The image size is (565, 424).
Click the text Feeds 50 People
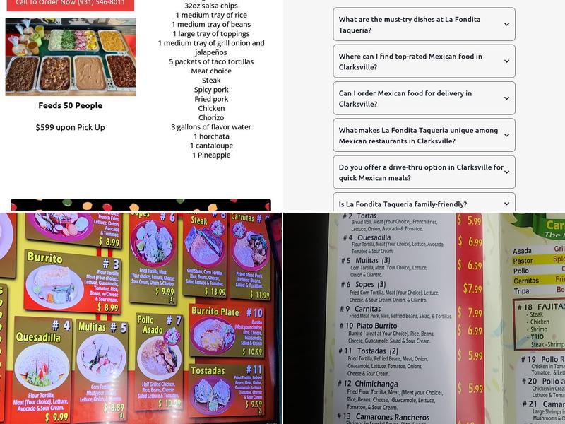[70, 105]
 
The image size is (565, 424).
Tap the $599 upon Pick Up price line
[70, 127]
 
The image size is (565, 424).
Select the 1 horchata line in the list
[211, 136]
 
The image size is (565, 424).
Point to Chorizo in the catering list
[211, 117]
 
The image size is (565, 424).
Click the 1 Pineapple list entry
[211, 155]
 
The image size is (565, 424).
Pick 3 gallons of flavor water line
[211, 127]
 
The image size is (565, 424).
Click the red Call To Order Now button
[70, 4]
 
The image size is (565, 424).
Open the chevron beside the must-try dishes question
[506, 25]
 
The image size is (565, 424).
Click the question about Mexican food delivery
[405, 98]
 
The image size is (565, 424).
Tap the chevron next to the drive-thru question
[506, 172]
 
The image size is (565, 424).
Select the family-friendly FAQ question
[403, 204]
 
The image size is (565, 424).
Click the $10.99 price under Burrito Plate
[251, 351]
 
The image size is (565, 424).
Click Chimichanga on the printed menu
[376, 384]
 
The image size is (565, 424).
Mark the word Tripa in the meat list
[521, 290]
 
